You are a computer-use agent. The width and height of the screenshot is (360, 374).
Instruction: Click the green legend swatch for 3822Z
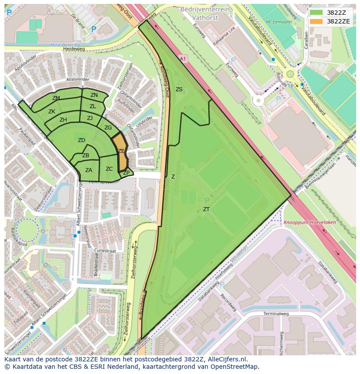[x=317, y=13]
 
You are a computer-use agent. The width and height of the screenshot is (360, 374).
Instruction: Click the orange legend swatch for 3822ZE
[x=317, y=21]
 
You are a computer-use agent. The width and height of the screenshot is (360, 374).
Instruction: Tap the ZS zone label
[x=179, y=89]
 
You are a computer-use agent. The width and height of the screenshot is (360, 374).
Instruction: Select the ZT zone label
[x=206, y=209]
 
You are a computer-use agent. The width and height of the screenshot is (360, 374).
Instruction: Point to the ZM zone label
[x=56, y=98]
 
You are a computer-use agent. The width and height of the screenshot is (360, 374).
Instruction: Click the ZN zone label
[x=94, y=95]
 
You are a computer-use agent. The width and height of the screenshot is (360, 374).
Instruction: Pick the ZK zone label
[x=52, y=112]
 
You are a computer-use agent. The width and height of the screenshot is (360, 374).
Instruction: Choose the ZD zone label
[x=81, y=140]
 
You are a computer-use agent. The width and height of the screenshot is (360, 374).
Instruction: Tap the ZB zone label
[x=86, y=156]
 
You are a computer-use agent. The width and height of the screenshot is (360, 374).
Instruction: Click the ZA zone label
[x=89, y=170]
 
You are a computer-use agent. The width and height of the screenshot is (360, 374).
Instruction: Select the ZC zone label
[x=109, y=169]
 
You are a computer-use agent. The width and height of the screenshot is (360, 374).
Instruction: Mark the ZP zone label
[x=126, y=173]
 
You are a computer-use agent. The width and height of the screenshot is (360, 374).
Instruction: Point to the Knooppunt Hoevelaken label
[x=310, y=222]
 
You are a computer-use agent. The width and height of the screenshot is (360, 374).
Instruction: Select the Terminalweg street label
[x=276, y=313]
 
